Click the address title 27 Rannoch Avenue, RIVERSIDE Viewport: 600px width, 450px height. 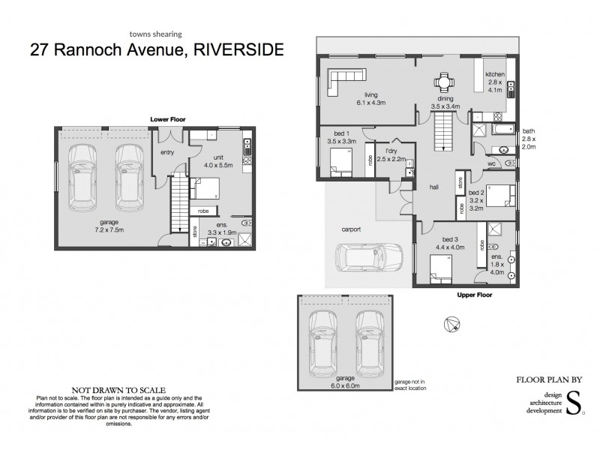(157, 50)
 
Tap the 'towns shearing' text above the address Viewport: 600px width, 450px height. (156, 33)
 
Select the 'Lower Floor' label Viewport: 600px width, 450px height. (167, 119)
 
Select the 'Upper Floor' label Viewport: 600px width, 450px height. (474, 295)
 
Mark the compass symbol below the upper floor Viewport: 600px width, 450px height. (451, 324)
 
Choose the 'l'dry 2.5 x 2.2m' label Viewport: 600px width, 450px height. (391, 156)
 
